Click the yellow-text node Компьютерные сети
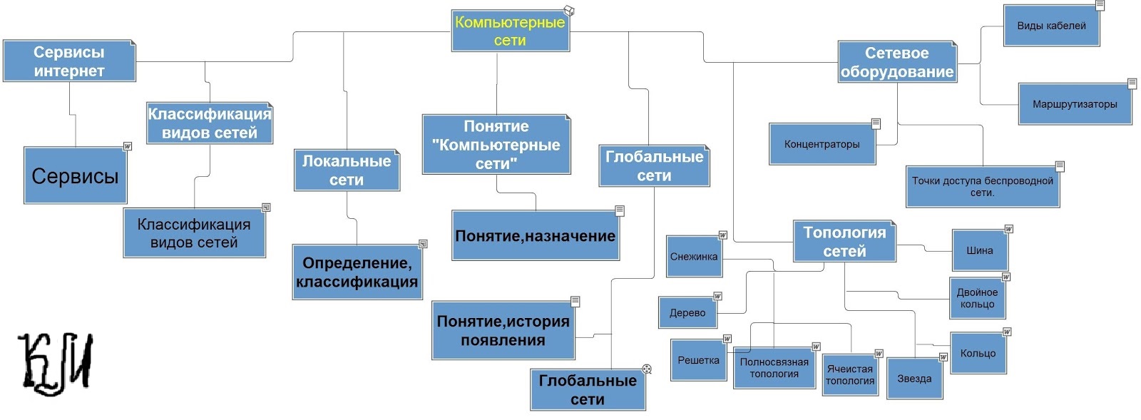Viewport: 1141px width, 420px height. point(510,31)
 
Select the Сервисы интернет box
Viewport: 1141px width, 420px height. point(68,61)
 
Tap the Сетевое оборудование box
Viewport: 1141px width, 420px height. point(896,62)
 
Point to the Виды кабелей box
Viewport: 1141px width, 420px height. point(1051,26)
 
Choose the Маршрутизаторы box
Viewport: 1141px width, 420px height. point(1075,104)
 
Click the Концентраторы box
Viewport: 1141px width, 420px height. point(822,144)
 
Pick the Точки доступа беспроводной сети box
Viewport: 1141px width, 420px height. point(982,186)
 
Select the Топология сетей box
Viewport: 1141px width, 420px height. point(844,242)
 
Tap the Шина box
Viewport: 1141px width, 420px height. point(979,250)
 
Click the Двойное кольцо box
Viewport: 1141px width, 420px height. point(977,298)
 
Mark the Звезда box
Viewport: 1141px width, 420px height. point(914,379)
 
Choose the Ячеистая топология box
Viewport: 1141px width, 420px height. point(849,375)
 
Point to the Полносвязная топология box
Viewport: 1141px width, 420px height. point(774,368)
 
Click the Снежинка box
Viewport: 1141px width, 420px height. point(694,257)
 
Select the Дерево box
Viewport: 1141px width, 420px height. point(687,312)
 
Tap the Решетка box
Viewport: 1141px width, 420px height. point(698,360)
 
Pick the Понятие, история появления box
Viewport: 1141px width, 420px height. point(503,331)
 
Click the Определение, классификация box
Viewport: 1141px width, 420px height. point(357,272)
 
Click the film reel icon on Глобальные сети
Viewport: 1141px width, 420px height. point(646,369)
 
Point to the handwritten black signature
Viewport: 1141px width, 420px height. point(56,363)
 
